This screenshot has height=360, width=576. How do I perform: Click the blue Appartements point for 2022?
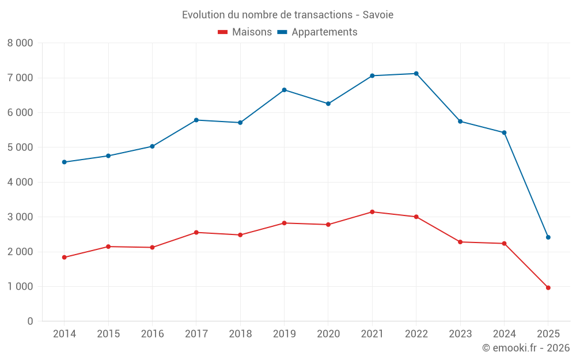click(416, 74)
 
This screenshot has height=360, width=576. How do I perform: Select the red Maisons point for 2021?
click(372, 212)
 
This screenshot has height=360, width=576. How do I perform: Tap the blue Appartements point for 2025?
click(548, 237)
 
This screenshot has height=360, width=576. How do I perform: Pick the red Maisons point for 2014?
click(64, 257)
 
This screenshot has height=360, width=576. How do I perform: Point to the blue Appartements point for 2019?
click(284, 90)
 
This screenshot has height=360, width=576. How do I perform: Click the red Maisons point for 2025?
click(548, 287)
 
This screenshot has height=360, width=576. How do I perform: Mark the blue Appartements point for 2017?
click(196, 120)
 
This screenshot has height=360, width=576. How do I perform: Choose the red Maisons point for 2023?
click(460, 242)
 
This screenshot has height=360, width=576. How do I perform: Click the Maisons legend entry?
click(245, 32)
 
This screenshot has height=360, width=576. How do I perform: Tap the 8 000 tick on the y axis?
click(20, 43)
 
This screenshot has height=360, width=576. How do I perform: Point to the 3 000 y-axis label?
click(20, 217)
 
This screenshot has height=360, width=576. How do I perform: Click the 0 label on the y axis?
click(30, 321)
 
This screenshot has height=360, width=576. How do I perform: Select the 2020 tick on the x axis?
click(328, 334)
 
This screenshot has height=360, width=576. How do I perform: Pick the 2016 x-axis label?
click(152, 334)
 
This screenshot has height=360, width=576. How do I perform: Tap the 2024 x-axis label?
click(504, 334)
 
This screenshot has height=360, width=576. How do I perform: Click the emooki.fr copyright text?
click(525, 348)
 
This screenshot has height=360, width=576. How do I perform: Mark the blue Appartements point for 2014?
click(64, 162)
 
